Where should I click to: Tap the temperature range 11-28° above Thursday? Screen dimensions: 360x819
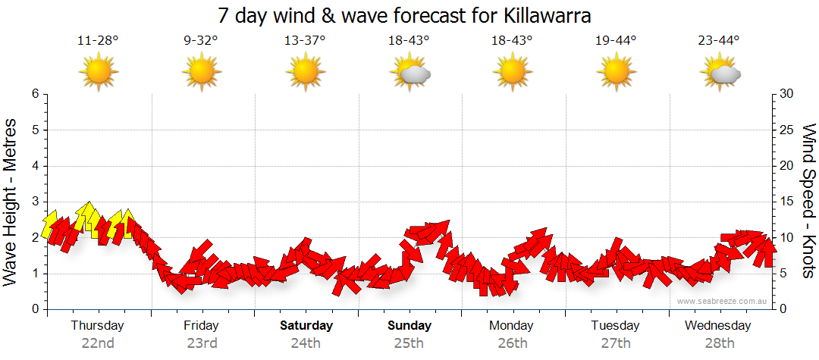98,41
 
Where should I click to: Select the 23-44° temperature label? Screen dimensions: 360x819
719,41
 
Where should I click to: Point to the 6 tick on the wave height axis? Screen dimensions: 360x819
34,94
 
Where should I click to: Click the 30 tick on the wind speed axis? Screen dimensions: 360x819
787,94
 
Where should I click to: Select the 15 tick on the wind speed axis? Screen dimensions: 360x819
787,202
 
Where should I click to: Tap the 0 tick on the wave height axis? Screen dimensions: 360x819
34,309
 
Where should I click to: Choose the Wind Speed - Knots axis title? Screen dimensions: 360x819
808,202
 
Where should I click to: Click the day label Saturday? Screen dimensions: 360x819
306,326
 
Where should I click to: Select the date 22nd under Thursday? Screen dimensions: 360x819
98,343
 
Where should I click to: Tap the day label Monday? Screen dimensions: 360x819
512,326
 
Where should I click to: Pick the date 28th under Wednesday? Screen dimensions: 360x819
718,343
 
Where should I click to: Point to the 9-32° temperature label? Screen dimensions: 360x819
201,41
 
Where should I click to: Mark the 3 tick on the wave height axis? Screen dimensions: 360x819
34,202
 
